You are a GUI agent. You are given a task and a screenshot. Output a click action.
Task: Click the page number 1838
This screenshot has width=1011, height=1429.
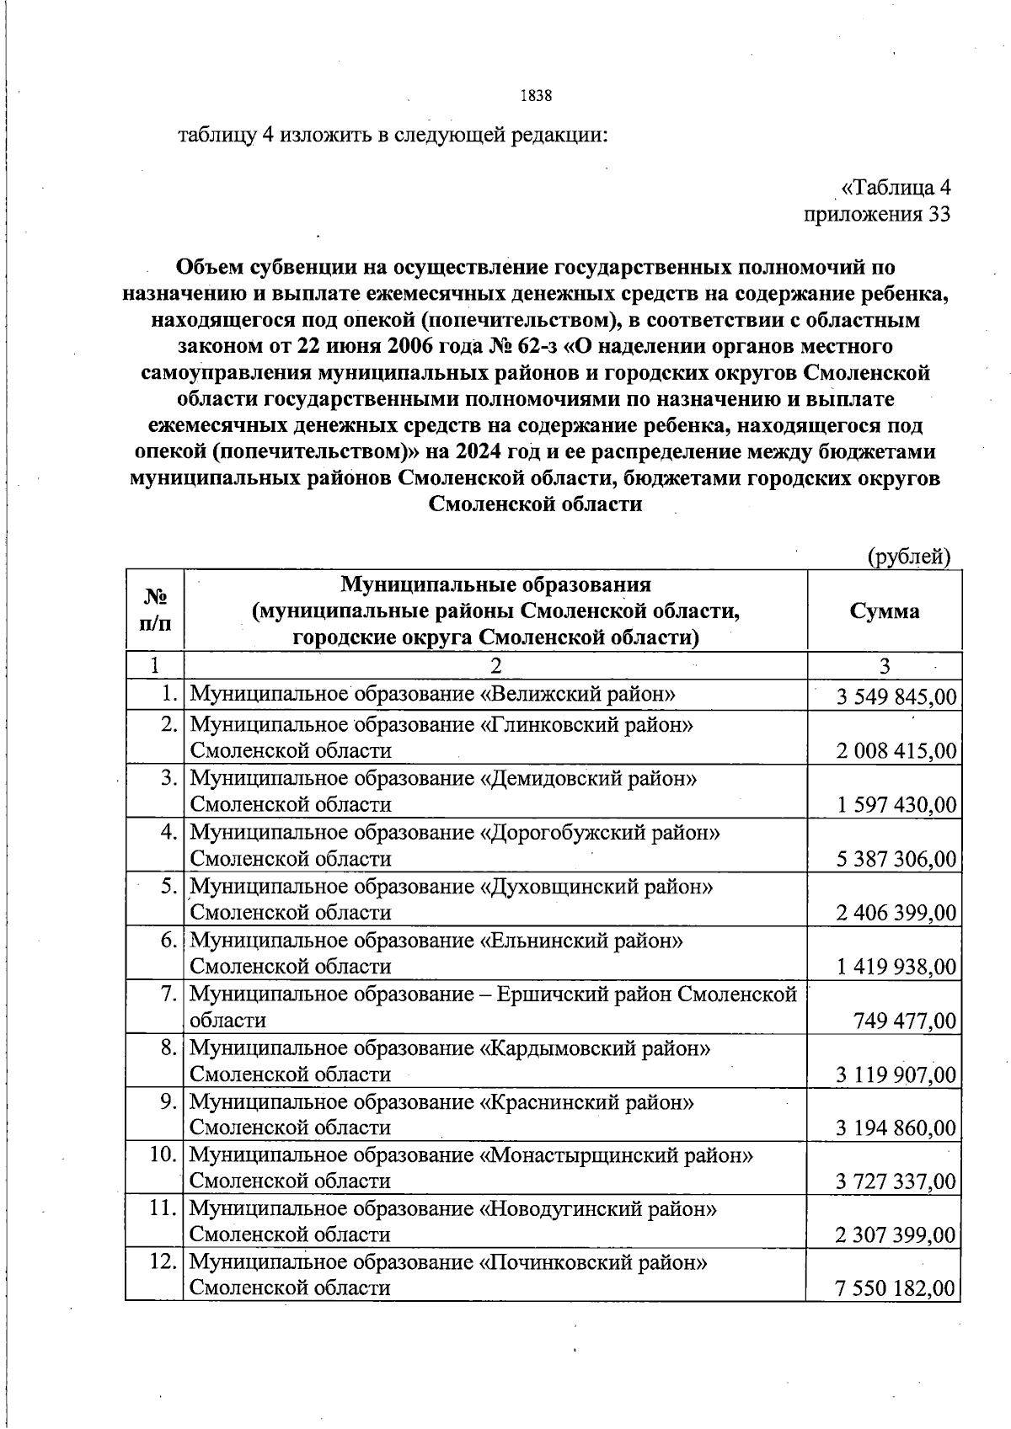(536, 95)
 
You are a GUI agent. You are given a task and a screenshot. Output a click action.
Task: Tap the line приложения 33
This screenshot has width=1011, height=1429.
(877, 214)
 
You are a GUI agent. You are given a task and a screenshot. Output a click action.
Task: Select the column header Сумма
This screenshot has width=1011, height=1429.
(884, 611)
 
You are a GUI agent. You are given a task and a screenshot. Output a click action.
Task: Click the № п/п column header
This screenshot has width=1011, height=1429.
(155, 611)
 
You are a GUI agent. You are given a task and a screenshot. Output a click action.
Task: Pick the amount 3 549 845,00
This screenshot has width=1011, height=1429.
(896, 697)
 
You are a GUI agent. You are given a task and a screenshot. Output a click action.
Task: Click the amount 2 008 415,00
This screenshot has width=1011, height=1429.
(896, 750)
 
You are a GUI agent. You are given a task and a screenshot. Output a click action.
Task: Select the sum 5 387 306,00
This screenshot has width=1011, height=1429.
(896, 859)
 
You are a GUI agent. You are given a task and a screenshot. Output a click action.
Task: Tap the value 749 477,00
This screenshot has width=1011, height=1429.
(905, 1021)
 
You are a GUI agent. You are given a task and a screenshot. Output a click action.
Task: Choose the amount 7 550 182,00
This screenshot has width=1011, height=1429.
(896, 1288)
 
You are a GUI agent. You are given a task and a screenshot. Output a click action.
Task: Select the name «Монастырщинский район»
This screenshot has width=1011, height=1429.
(616, 1155)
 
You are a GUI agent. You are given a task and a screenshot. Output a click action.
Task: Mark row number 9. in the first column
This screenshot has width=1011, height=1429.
(168, 1101)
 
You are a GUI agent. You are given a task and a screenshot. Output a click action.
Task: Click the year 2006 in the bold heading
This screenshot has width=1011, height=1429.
(415, 346)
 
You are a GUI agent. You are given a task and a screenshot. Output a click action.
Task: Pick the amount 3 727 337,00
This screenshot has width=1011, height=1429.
(896, 1181)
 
